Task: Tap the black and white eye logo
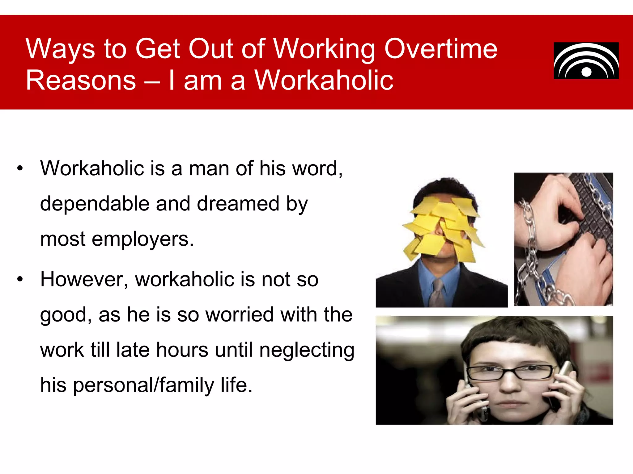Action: pos(586,61)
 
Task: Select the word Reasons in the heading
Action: pos(81,81)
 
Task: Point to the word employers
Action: pos(142,239)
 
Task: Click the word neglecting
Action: pos(307,350)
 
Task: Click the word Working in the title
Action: pos(325,49)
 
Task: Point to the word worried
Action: pos(240,315)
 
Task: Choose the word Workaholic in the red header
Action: pos(324,81)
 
